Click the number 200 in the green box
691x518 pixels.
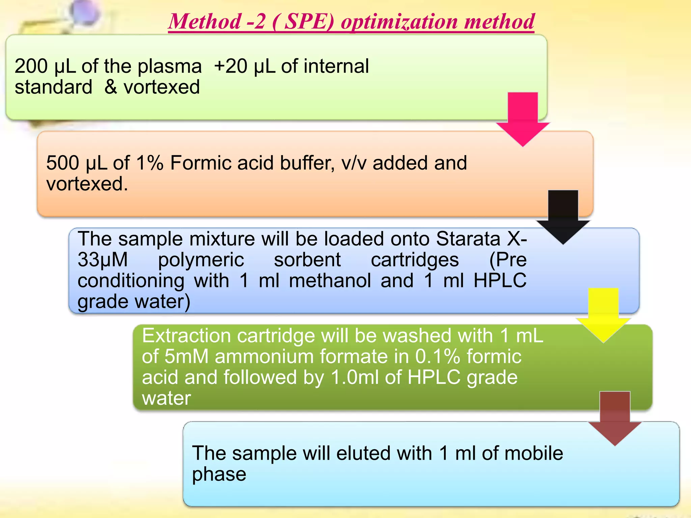pos(31,66)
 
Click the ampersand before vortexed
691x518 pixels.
pos(111,87)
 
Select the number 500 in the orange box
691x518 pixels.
pos(62,163)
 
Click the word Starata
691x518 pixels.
pos(468,239)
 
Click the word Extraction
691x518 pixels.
pos(186,336)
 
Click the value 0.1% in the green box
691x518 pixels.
pos(438,356)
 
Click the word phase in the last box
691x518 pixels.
pos(219,474)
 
